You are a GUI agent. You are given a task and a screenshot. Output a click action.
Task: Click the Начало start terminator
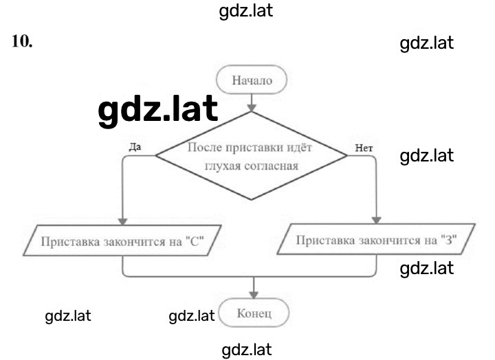click(252, 80)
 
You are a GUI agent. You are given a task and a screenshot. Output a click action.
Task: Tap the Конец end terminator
click(254, 313)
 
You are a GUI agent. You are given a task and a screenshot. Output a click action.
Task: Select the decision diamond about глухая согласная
click(252, 155)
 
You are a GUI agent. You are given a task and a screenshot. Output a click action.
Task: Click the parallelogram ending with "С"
click(122, 240)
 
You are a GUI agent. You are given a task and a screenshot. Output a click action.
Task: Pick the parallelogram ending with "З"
click(376, 239)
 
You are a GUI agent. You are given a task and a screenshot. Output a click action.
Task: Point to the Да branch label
click(135, 147)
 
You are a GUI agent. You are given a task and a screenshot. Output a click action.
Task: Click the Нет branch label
click(364, 148)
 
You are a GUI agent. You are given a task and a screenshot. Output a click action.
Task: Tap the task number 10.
click(22, 41)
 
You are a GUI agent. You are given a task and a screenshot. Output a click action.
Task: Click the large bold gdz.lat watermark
click(158, 110)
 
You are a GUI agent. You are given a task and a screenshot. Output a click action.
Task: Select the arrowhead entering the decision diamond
click(252, 108)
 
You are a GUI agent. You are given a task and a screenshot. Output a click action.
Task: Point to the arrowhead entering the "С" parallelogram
click(122, 221)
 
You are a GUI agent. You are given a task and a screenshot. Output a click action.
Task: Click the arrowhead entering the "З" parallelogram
click(376, 221)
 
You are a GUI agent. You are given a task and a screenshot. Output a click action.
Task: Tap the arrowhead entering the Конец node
click(254, 295)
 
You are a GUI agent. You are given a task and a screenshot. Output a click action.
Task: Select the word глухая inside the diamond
click(222, 166)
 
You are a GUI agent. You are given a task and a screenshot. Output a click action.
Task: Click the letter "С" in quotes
click(195, 241)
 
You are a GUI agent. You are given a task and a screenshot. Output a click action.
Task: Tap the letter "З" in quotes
click(449, 240)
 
